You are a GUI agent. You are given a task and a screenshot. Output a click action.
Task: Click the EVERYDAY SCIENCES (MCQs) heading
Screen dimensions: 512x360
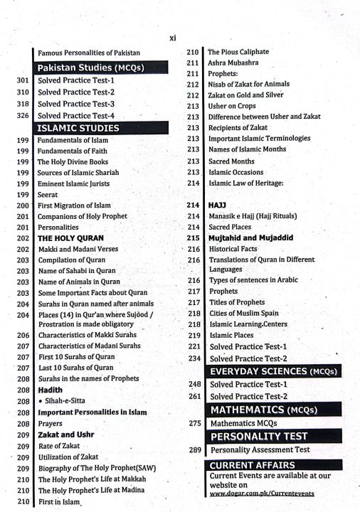[272, 371]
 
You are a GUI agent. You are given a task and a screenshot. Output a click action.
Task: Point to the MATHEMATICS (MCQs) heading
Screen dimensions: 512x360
[262, 410]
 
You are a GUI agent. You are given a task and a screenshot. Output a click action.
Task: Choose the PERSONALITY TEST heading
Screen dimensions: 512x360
[259, 436]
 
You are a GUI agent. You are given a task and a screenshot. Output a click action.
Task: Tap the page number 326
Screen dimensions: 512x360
[22, 115]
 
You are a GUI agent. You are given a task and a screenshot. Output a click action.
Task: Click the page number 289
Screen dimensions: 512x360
[196, 449]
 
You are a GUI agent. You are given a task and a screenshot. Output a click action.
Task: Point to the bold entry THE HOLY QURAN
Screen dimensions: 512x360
[70, 238]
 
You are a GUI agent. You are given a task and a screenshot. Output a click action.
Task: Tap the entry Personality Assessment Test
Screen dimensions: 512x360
[260, 449]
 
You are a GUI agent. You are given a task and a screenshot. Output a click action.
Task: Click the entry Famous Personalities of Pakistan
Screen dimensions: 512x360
[89, 53]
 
